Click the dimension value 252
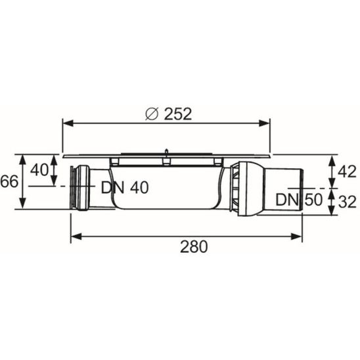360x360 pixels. pos(178,114)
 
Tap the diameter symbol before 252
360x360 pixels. pos(152,114)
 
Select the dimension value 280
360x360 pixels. pos(194,246)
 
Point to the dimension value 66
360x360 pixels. pos(9,181)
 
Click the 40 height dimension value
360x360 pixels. pos(39,170)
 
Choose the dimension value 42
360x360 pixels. pos(347,171)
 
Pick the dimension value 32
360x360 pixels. pos(347,202)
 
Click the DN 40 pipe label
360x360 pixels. pos(125,188)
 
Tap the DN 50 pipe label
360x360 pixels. pos(299,200)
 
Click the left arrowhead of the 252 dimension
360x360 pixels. pos(68,124)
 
